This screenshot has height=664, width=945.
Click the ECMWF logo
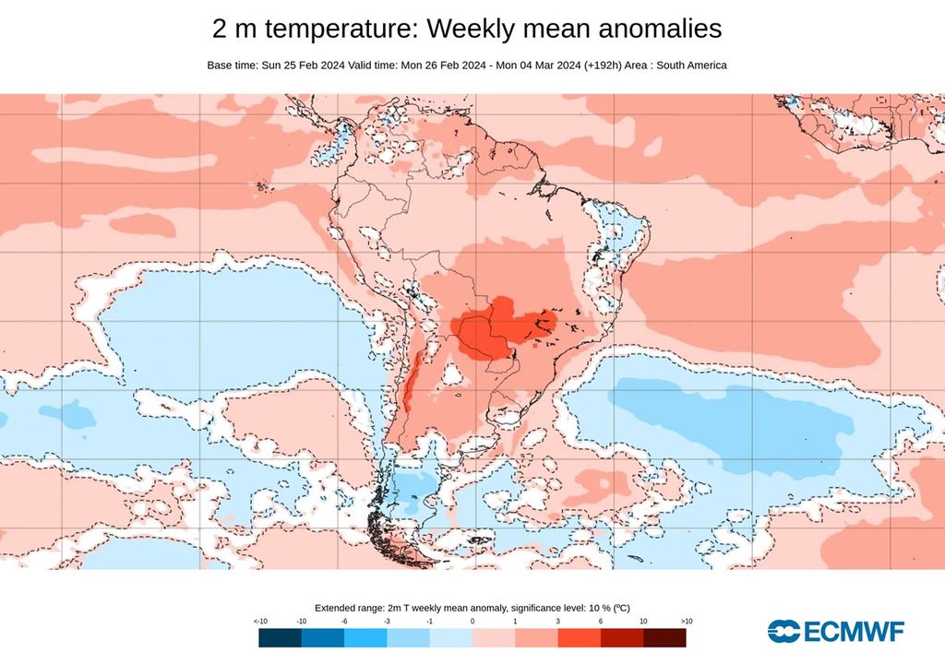[835, 631]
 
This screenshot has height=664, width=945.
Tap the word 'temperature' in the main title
[335, 30]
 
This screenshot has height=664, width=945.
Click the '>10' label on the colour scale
[685, 622]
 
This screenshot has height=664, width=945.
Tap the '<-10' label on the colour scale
[261, 622]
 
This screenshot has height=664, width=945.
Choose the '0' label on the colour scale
[472, 622]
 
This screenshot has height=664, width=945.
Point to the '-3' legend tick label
[388, 622]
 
